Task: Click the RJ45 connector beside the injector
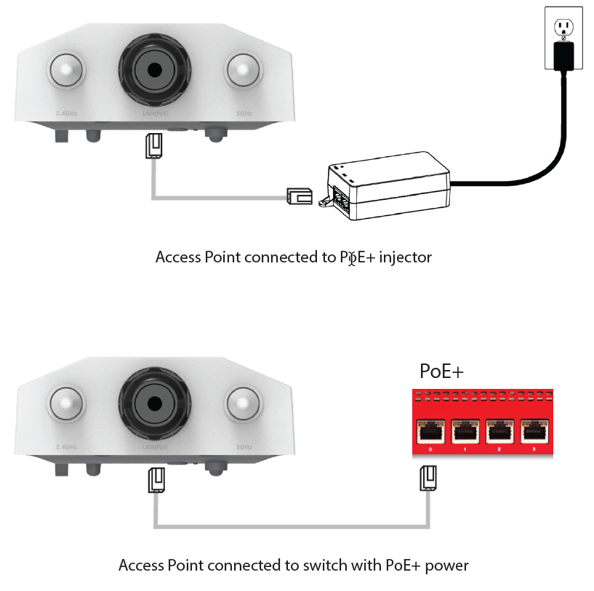pyautogui.click(x=300, y=196)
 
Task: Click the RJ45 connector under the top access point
pyautogui.click(x=153, y=146)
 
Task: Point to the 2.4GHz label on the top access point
pyautogui.click(x=67, y=113)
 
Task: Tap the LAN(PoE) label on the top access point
pyautogui.click(x=156, y=113)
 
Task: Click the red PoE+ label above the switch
pyautogui.click(x=442, y=371)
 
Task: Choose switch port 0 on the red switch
pyautogui.click(x=430, y=432)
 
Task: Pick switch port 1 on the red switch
pyautogui.click(x=465, y=432)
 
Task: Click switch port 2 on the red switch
pyautogui.click(x=499, y=432)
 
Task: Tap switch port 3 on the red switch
pyautogui.click(x=534, y=432)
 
